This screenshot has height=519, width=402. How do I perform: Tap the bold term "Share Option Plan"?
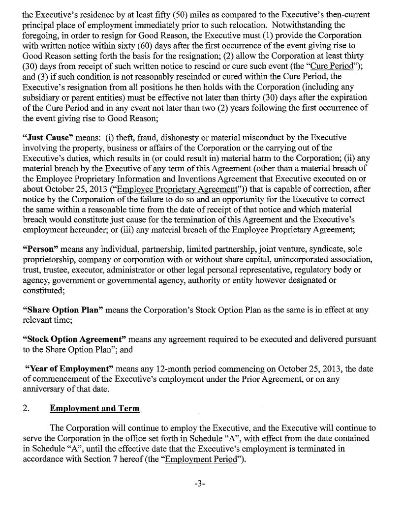(63, 310)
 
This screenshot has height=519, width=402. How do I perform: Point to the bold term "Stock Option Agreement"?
(75, 339)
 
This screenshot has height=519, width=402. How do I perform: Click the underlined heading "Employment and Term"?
(94, 409)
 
